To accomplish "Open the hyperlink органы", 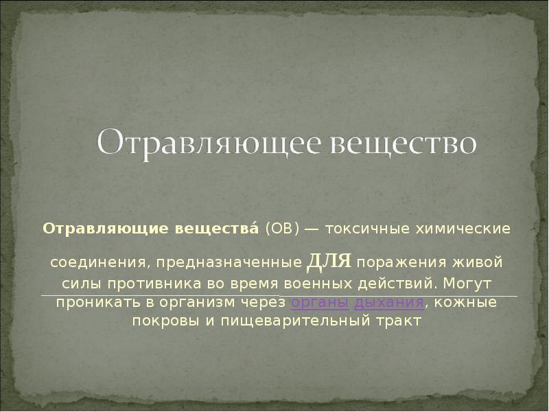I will coord(319,302).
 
